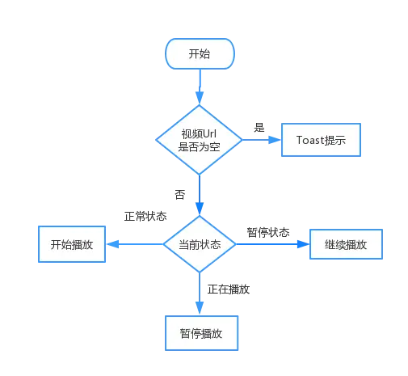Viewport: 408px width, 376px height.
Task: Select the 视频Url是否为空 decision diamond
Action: (x=199, y=139)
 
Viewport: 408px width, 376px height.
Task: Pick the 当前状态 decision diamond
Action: (x=199, y=243)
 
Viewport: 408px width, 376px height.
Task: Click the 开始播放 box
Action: (x=74, y=243)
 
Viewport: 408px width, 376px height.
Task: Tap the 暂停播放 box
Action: (x=200, y=332)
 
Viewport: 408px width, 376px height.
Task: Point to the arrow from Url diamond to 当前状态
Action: (x=199, y=194)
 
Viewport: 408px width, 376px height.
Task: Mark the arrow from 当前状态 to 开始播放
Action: (x=137, y=243)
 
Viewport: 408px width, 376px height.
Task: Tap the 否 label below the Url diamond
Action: (x=181, y=194)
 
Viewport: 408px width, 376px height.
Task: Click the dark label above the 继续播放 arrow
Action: (x=268, y=231)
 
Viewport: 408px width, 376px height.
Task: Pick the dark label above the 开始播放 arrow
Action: (x=145, y=218)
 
